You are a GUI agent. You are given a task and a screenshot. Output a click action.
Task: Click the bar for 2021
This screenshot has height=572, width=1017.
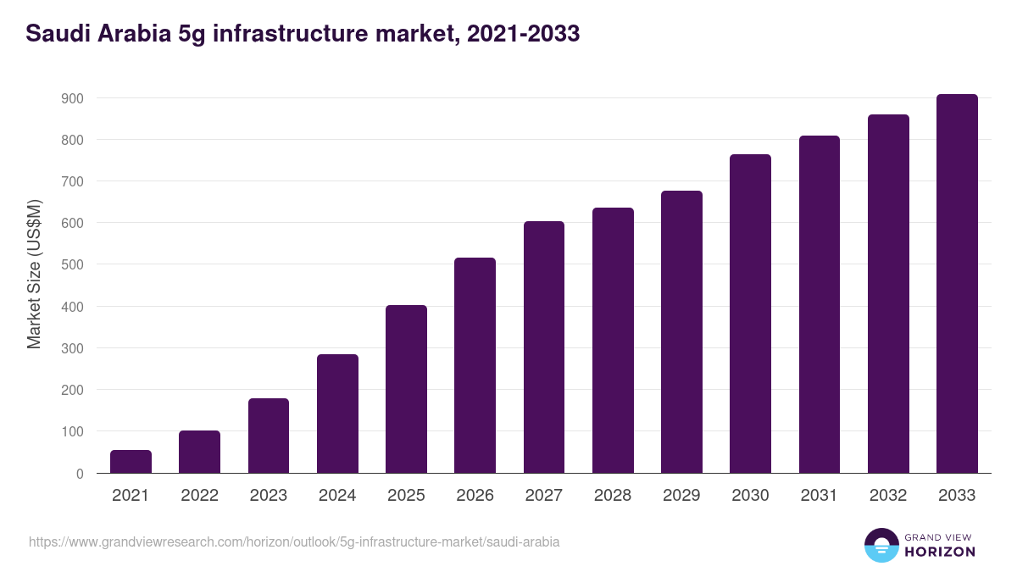coord(131,462)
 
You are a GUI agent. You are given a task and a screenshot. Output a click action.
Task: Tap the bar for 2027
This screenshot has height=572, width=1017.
coord(544,347)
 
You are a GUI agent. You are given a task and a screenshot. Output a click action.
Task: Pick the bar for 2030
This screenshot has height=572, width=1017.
coord(750,314)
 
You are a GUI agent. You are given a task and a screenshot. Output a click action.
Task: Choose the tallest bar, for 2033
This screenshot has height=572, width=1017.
coord(957,284)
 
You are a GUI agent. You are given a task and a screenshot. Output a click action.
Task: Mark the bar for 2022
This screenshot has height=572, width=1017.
coord(199,452)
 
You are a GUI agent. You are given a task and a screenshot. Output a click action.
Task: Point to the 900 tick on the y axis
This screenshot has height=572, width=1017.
coord(72,98)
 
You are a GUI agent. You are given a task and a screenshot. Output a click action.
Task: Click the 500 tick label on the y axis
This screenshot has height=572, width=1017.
coord(72,264)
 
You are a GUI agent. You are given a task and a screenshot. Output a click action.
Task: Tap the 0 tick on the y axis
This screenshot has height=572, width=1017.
coord(79,474)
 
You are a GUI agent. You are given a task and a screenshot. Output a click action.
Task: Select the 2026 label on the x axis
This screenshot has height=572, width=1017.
coord(475,496)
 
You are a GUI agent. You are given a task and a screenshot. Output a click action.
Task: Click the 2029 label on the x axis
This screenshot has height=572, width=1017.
coord(681,496)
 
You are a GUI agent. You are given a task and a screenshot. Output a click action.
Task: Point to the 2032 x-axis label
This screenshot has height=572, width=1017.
coord(888,496)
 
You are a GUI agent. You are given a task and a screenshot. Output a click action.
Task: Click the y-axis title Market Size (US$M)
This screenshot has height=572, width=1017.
coord(34,274)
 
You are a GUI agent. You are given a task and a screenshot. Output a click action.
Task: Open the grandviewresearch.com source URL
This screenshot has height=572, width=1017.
coord(294,541)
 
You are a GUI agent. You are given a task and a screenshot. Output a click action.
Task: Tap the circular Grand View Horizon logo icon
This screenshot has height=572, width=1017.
coord(881,545)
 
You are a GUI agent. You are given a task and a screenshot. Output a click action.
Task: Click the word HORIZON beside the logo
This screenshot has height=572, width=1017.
coord(940,552)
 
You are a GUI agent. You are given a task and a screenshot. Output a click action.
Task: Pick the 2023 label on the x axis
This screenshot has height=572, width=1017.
coord(269,496)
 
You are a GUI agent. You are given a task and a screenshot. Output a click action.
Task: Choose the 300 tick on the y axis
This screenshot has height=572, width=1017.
coord(72,348)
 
